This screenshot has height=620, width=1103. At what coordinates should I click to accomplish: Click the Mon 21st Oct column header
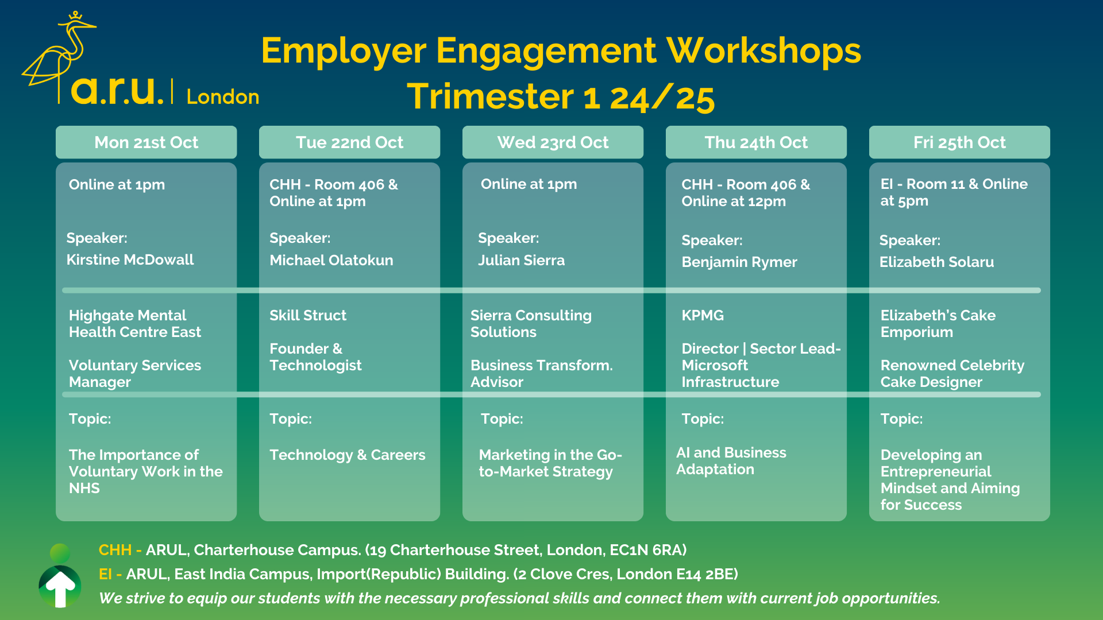pyautogui.click(x=146, y=142)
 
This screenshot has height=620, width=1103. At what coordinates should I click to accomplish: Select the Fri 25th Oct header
pyautogui.click(x=959, y=142)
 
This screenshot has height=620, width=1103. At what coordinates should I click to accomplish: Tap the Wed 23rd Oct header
pyautogui.click(x=553, y=142)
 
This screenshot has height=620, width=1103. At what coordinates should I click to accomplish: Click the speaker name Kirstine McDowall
pyautogui.click(x=130, y=260)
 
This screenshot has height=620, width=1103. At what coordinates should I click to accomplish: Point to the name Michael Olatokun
pyautogui.click(x=331, y=261)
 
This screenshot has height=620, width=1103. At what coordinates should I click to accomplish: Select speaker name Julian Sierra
pyautogui.click(x=522, y=261)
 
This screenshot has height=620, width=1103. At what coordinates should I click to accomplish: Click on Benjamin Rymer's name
pyautogui.click(x=739, y=262)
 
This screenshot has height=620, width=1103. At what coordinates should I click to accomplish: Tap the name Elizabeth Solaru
pyautogui.click(x=936, y=262)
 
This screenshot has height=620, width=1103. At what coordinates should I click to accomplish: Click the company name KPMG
pyautogui.click(x=703, y=315)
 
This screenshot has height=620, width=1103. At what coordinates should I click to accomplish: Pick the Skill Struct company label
pyautogui.click(x=308, y=315)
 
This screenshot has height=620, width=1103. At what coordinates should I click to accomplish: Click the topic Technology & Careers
pyautogui.click(x=348, y=455)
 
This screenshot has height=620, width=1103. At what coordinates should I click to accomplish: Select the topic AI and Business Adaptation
pyautogui.click(x=731, y=461)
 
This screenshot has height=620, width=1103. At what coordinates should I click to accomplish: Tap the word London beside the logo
pyautogui.click(x=223, y=97)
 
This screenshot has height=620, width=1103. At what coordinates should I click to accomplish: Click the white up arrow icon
pyautogui.click(x=60, y=587)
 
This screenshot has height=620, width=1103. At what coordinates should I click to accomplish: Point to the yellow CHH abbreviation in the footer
pyautogui.click(x=115, y=550)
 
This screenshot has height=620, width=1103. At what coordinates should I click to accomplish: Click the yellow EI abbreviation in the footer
pyautogui.click(x=105, y=574)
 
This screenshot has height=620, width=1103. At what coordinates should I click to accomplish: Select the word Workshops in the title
pyautogui.click(x=763, y=51)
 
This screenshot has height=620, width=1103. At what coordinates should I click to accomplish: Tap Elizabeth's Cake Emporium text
pyautogui.click(x=938, y=324)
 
